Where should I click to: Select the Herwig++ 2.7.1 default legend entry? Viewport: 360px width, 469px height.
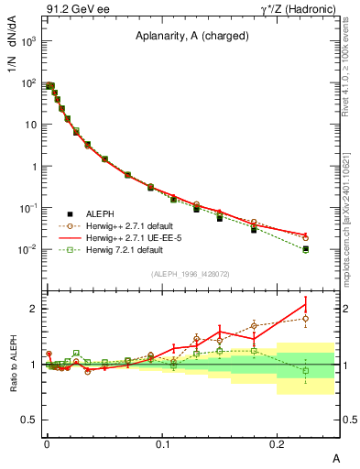[x=135, y=225]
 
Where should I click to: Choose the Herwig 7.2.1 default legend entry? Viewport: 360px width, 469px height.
[x=129, y=249]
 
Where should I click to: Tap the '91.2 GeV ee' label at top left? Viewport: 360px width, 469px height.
[x=68, y=9]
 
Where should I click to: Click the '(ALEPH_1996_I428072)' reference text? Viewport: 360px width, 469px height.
[x=191, y=273]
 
